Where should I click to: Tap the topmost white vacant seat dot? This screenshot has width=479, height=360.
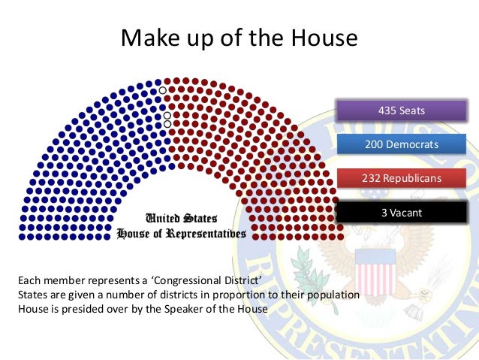coord(163,90)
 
